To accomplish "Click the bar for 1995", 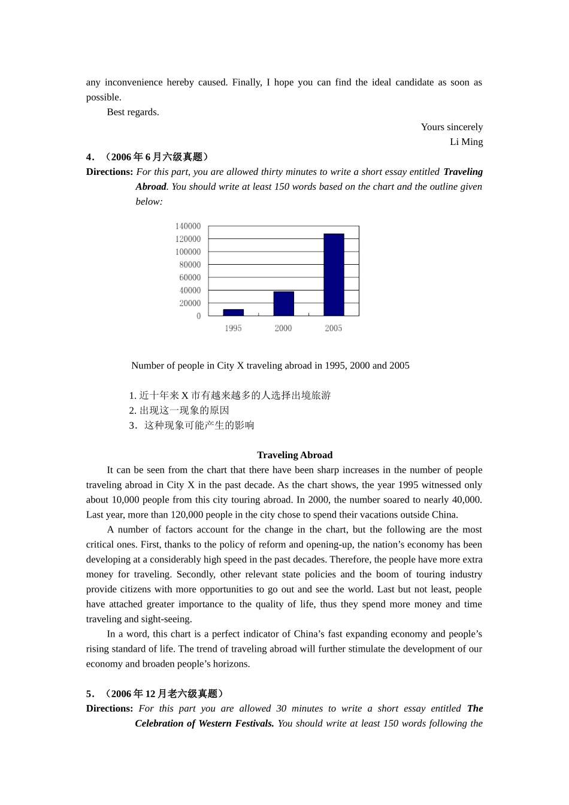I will coord(233,312).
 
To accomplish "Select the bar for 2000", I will coord(283,304).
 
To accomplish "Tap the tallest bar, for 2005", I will coord(334,274).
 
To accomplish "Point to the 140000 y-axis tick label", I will coord(188,226).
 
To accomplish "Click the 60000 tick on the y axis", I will coord(190,277).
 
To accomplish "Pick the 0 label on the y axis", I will coord(198,316).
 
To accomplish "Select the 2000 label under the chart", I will coord(283,328).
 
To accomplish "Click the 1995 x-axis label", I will coord(233,328).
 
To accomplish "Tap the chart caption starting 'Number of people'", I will coord(270,365).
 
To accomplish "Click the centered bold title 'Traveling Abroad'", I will coord(295,455).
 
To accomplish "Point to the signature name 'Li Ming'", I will coord(466,142).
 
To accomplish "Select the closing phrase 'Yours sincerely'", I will coord(452,127).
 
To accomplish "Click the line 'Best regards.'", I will coord(133,112).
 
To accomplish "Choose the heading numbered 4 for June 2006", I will coord(147,157).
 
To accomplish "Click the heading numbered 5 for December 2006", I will coord(155,694).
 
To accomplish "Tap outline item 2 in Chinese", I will coord(179,410).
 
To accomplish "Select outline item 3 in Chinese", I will coord(192,425).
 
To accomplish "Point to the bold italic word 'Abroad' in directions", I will coord(150,186).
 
